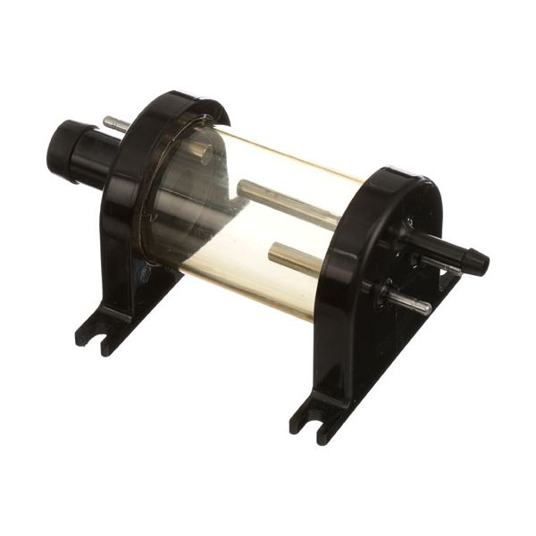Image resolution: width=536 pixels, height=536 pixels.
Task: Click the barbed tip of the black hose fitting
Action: [x=477, y=261]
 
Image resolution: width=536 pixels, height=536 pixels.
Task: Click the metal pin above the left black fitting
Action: [x=116, y=123]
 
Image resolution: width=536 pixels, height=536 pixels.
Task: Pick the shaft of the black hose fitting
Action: [x=438, y=246]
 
